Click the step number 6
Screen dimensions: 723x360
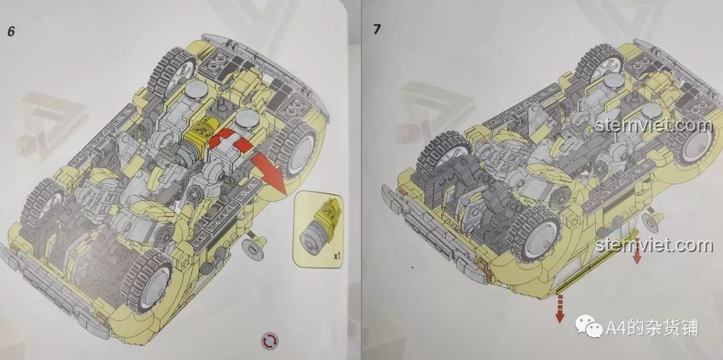11,31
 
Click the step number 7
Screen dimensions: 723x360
377,29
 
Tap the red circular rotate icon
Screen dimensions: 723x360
270,341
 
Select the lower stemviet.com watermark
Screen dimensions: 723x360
653,245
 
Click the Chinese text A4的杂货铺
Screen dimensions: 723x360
651,328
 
